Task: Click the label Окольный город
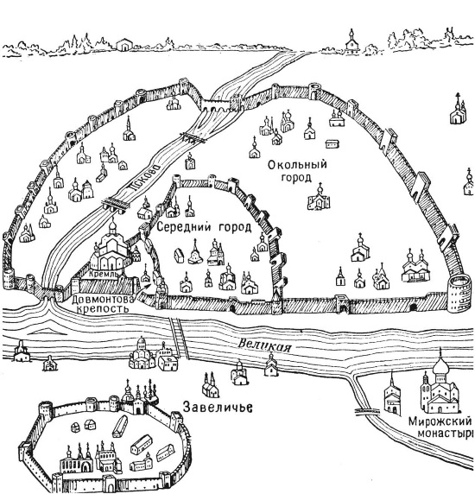297,171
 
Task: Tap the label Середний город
204,227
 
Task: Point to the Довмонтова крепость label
103,303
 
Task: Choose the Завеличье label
218,407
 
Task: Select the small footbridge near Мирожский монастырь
367,410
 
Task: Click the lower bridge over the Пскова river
115,203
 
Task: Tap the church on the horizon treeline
351,43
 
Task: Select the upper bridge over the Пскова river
192,137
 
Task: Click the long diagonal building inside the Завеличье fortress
120,427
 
